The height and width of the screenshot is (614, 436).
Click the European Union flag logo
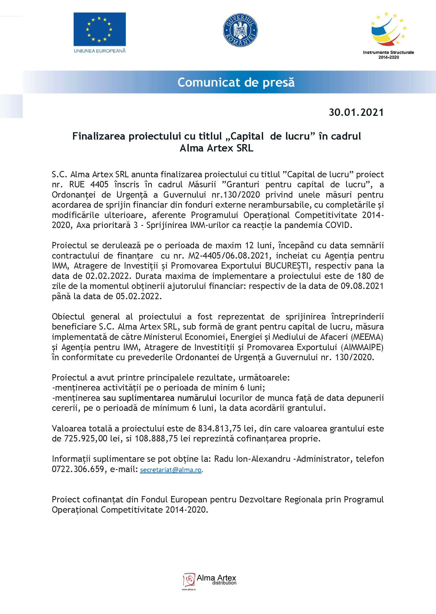point(100,29)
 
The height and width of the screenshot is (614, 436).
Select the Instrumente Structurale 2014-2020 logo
point(389,35)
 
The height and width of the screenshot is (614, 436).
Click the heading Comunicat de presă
point(236,82)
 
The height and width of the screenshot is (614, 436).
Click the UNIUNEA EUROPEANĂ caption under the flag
point(100,51)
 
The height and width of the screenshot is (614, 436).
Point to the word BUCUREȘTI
point(287,266)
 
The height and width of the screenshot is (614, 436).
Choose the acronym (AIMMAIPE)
point(362,347)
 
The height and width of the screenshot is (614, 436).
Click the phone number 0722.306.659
point(78,469)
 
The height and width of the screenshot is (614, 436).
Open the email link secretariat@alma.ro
point(171,470)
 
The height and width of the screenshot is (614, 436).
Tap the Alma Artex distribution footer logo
point(210,580)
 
